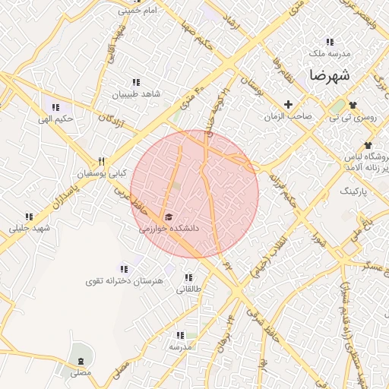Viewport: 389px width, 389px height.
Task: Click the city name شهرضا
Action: tap(328, 76)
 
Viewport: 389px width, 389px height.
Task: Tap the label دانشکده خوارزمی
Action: tap(169, 227)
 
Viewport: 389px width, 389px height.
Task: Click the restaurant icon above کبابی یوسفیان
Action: tap(100, 161)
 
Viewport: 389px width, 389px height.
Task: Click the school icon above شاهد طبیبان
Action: tap(136, 82)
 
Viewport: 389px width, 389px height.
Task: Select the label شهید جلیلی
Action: tap(29, 228)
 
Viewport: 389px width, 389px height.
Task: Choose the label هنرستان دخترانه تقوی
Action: tap(125, 281)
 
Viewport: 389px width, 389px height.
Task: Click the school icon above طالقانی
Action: tap(188, 277)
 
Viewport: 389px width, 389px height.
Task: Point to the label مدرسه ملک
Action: tap(328, 54)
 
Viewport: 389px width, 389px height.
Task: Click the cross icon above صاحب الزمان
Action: tap(288, 104)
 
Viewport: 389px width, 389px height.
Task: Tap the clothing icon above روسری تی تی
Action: tap(353, 104)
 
